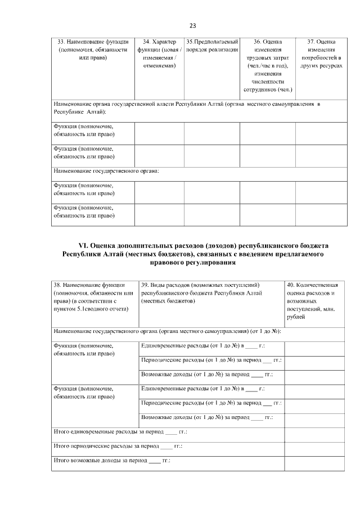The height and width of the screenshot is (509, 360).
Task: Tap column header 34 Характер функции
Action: click(159, 53)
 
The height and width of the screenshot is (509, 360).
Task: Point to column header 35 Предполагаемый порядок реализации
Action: click(212, 46)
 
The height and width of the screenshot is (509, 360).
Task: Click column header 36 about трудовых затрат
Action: click(267, 65)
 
